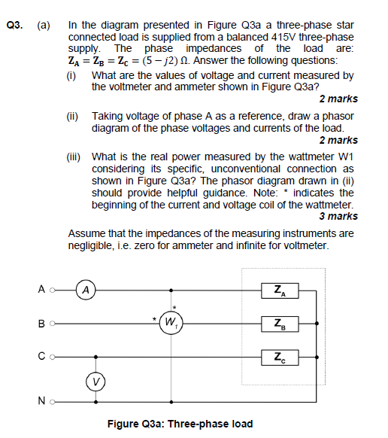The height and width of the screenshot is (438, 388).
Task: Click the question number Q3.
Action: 14,25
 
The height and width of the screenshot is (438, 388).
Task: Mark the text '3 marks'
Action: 338,217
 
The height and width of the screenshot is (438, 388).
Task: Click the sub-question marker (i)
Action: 72,76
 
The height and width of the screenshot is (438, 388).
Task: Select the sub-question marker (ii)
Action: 73,117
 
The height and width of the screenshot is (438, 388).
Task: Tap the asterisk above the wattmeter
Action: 174,308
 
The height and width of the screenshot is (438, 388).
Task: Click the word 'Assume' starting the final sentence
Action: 86,233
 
